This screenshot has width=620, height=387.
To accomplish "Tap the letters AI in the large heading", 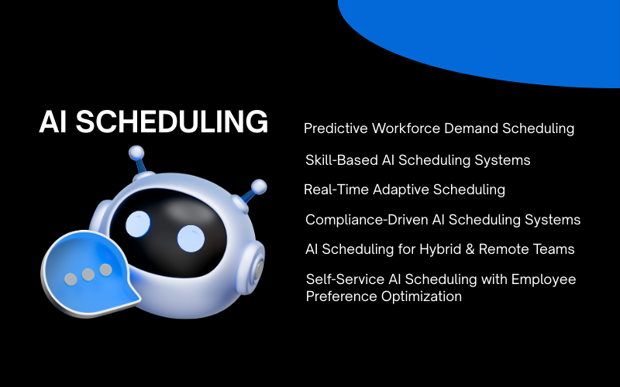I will (54, 123).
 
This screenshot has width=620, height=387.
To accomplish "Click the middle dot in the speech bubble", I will (88, 274).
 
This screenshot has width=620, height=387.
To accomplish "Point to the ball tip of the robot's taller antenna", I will (136, 152).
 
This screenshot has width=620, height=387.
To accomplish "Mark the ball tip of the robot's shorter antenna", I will (259, 187).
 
